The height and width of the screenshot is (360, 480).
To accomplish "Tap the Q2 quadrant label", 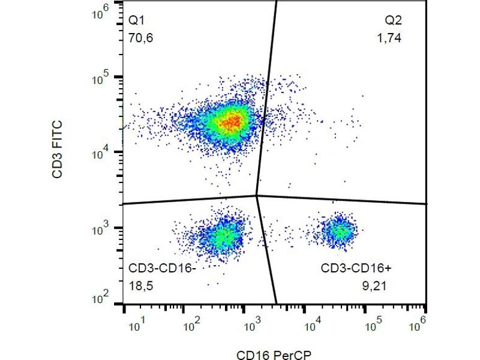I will point(394,20).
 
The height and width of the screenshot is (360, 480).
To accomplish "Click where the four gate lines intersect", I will point(257,195).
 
